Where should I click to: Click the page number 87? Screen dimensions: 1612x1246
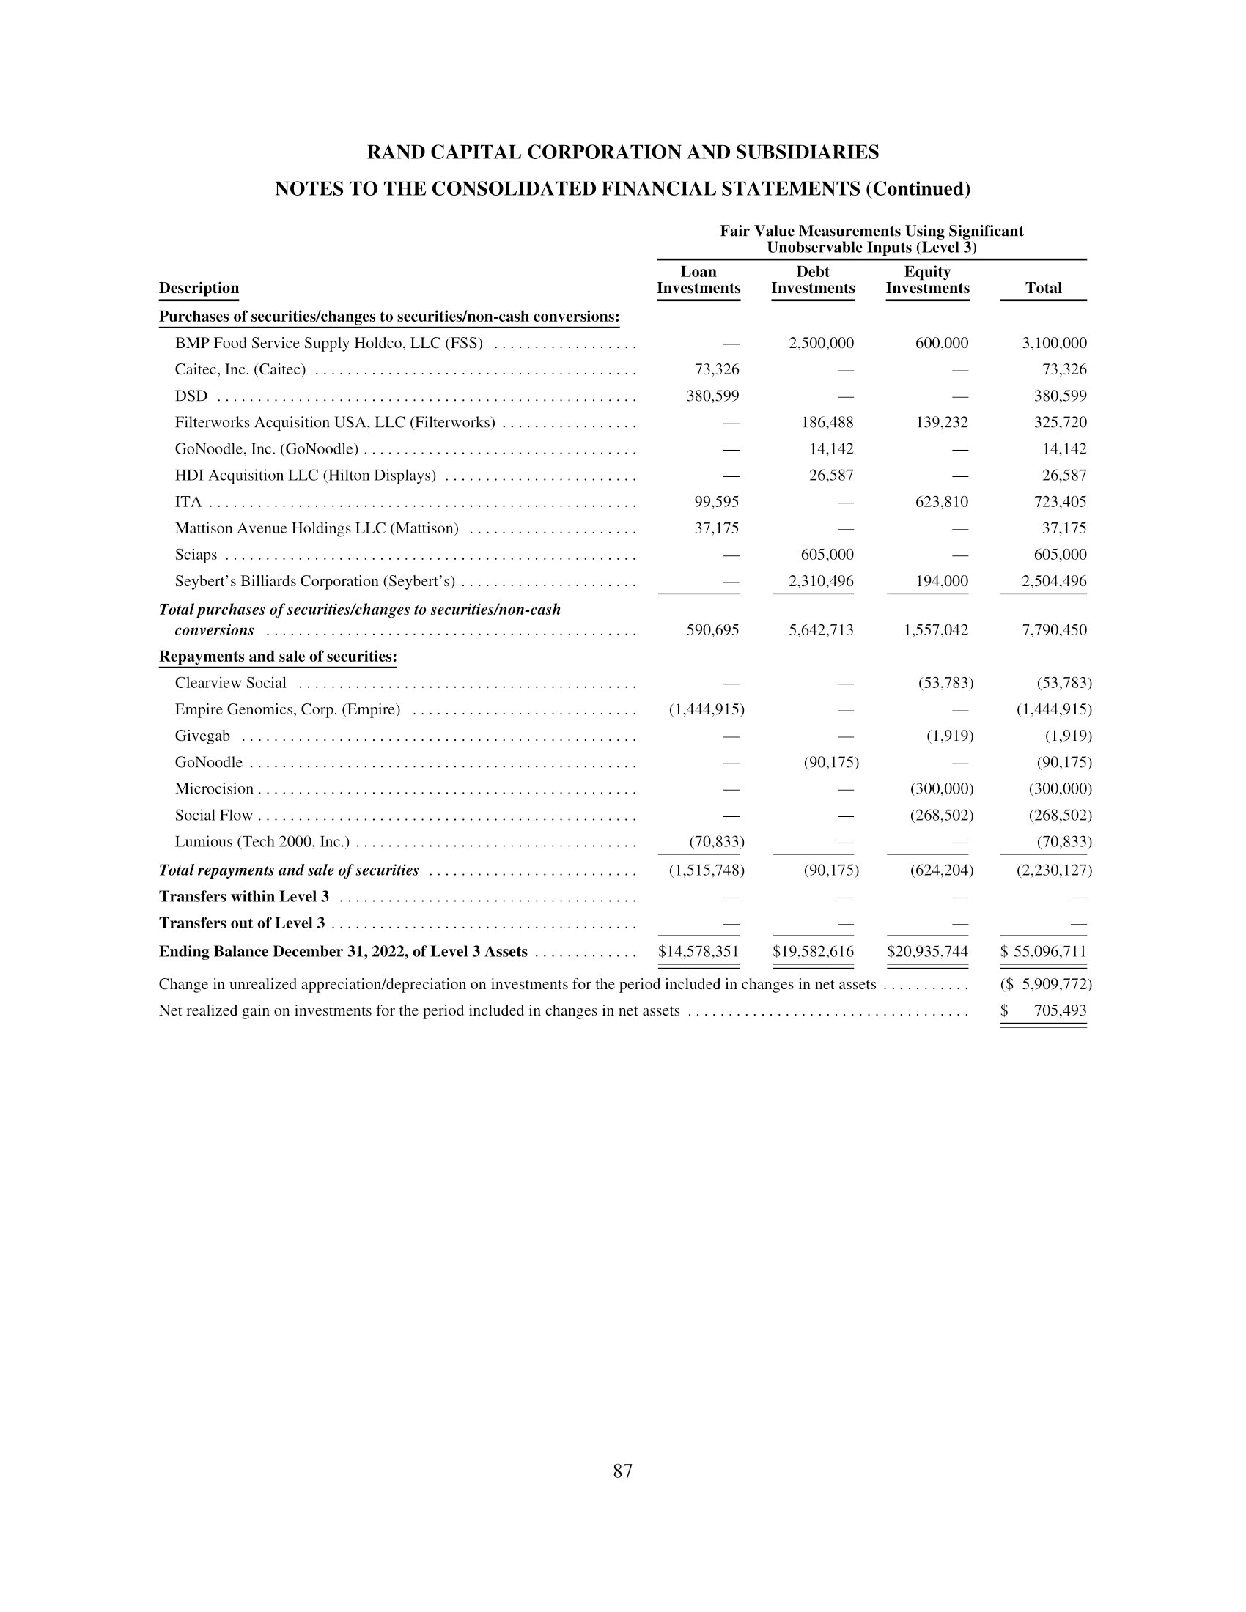tap(622, 1471)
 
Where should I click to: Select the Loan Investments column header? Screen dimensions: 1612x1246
tap(698, 281)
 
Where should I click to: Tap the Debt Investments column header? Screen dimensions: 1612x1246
tap(813, 281)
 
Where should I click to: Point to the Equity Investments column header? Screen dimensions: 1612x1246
tap(927, 281)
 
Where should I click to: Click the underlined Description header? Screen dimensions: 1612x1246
tap(199, 289)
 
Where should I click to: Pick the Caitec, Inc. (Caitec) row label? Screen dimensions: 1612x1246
tap(240, 370)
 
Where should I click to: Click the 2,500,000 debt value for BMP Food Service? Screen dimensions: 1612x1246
tap(821, 343)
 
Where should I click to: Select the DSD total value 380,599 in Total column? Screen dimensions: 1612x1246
tap(1060, 396)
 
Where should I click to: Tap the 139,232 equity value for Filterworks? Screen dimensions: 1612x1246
tap(941, 423)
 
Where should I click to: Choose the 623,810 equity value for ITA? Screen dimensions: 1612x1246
tap(941, 503)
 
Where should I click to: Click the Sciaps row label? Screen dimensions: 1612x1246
tap(196, 555)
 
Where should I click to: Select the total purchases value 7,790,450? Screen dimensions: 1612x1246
tap(1054, 630)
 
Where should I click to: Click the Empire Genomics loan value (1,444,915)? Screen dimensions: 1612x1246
tap(707, 710)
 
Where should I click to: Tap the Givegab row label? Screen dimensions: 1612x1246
tap(202, 736)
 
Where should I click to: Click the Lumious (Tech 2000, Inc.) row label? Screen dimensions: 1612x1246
tap(262, 842)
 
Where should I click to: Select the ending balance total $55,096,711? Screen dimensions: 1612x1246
tap(1044, 952)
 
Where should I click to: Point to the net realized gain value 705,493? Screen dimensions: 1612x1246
tap(1060, 1011)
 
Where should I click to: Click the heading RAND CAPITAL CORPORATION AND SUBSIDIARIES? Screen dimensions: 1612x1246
tap(622, 153)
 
